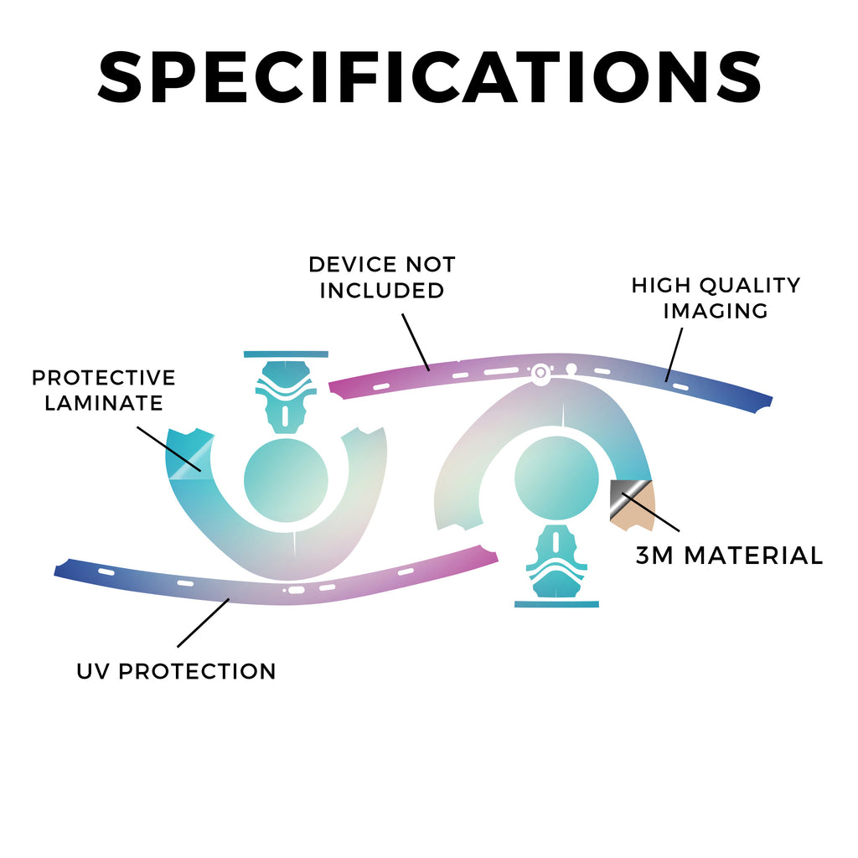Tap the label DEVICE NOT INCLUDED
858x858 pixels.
[382, 277]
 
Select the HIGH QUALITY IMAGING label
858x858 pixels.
[716, 297]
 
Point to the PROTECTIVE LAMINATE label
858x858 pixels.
[103, 390]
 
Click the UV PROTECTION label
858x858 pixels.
[176, 671]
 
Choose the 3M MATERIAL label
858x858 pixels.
[730, 556]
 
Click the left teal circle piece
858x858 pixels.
[286, 480]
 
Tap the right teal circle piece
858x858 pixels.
[556, 478]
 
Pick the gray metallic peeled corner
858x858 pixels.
[627, 496]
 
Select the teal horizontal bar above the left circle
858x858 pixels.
[286, 354]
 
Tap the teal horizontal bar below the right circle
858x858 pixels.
[556, 604]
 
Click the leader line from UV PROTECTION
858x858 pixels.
[203, 623]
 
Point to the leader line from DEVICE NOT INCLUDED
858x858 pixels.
[416, 342]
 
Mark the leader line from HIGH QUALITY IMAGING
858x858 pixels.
[675, 354]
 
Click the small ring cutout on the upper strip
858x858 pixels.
[540, 373]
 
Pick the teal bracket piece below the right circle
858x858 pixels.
[556, 561]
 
